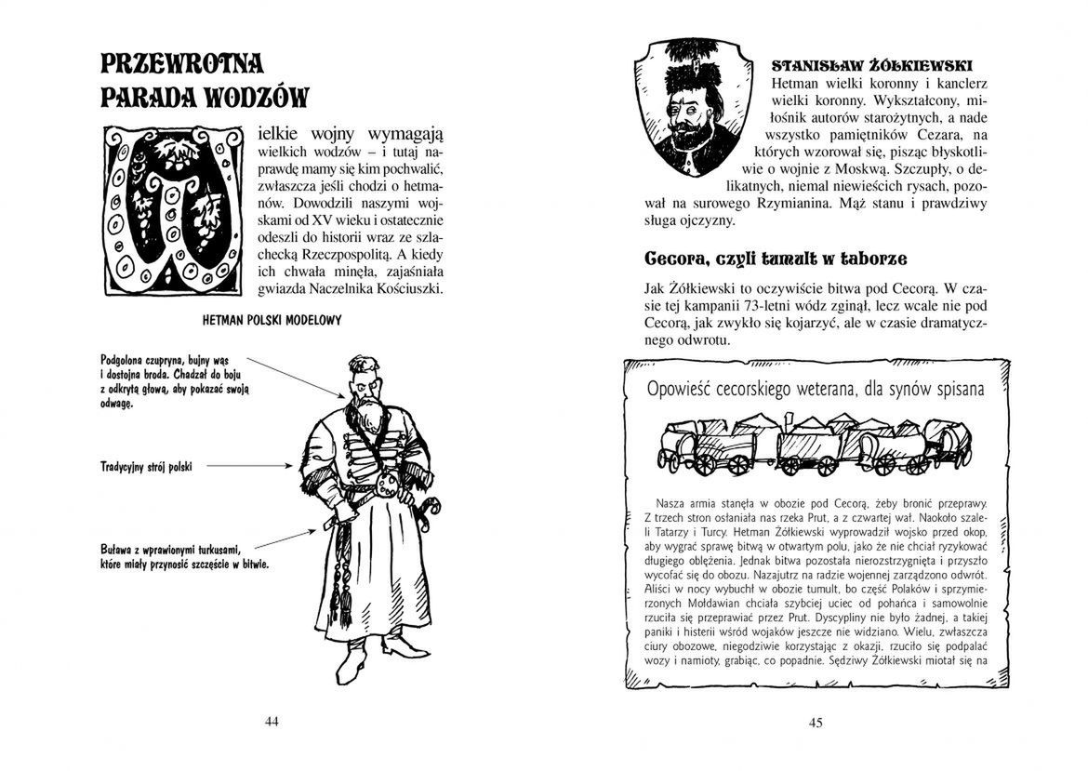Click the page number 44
272,721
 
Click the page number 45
816,722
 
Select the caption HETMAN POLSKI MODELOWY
272,320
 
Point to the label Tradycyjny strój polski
145,464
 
